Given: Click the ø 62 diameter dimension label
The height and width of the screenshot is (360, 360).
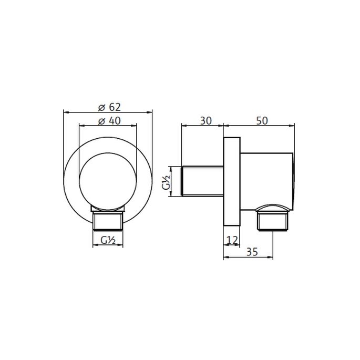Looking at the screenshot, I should click(107, 107).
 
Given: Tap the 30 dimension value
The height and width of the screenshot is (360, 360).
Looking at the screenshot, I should click(205, 120).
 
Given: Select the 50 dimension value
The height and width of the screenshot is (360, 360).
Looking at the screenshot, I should click(262, 120).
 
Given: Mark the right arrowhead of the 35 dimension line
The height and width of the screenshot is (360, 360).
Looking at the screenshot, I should click(273, 258).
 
